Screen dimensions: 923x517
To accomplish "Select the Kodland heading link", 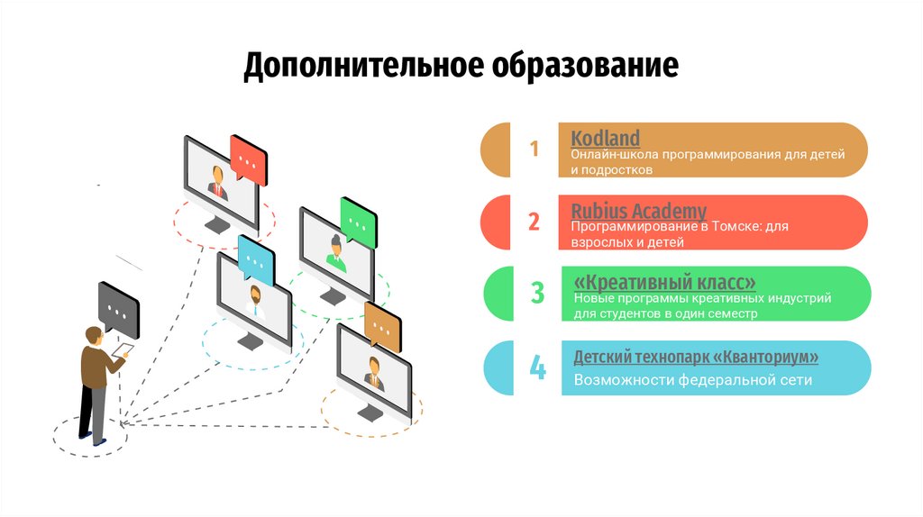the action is pos(606,138).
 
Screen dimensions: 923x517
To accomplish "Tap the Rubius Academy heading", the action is pos(639,211).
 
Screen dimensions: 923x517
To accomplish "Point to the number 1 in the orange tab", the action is pos(534,149).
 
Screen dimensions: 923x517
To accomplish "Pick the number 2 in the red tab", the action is pos(534,222).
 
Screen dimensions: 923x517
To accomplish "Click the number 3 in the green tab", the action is pos(537,293).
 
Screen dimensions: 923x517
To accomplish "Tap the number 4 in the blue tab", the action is pos(537,367).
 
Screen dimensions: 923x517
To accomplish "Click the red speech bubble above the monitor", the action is pos(248,158).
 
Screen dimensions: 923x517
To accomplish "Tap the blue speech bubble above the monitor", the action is pos(256,259).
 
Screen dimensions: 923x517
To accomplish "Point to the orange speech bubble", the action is pos(383,325).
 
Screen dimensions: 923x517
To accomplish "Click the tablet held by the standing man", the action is pos(123,349).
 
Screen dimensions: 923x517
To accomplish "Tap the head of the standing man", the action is pos(93,335).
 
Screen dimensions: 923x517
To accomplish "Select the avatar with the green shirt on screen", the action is pos(336,254).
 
